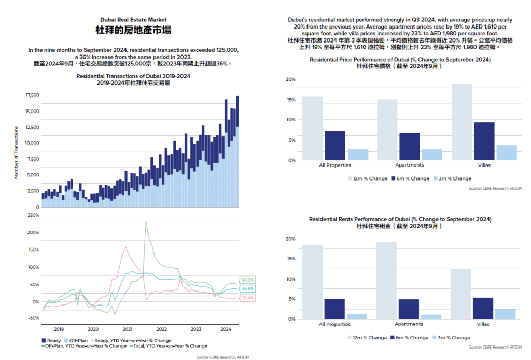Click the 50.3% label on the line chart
[247, 280]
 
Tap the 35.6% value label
[247, 289]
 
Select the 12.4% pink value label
[247, 298]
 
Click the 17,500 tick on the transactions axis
[32, 95]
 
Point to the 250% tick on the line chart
[33, 214]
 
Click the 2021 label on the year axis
[127, 329]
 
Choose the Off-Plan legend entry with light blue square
[75, 340]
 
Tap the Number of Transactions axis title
[16, 152]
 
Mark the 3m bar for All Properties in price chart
[358, 154]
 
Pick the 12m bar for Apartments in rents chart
[386, 280]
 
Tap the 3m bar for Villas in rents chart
[506, 313]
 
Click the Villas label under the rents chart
[483, 324]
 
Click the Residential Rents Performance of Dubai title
[400, 219]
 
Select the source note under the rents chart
[495, 347]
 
